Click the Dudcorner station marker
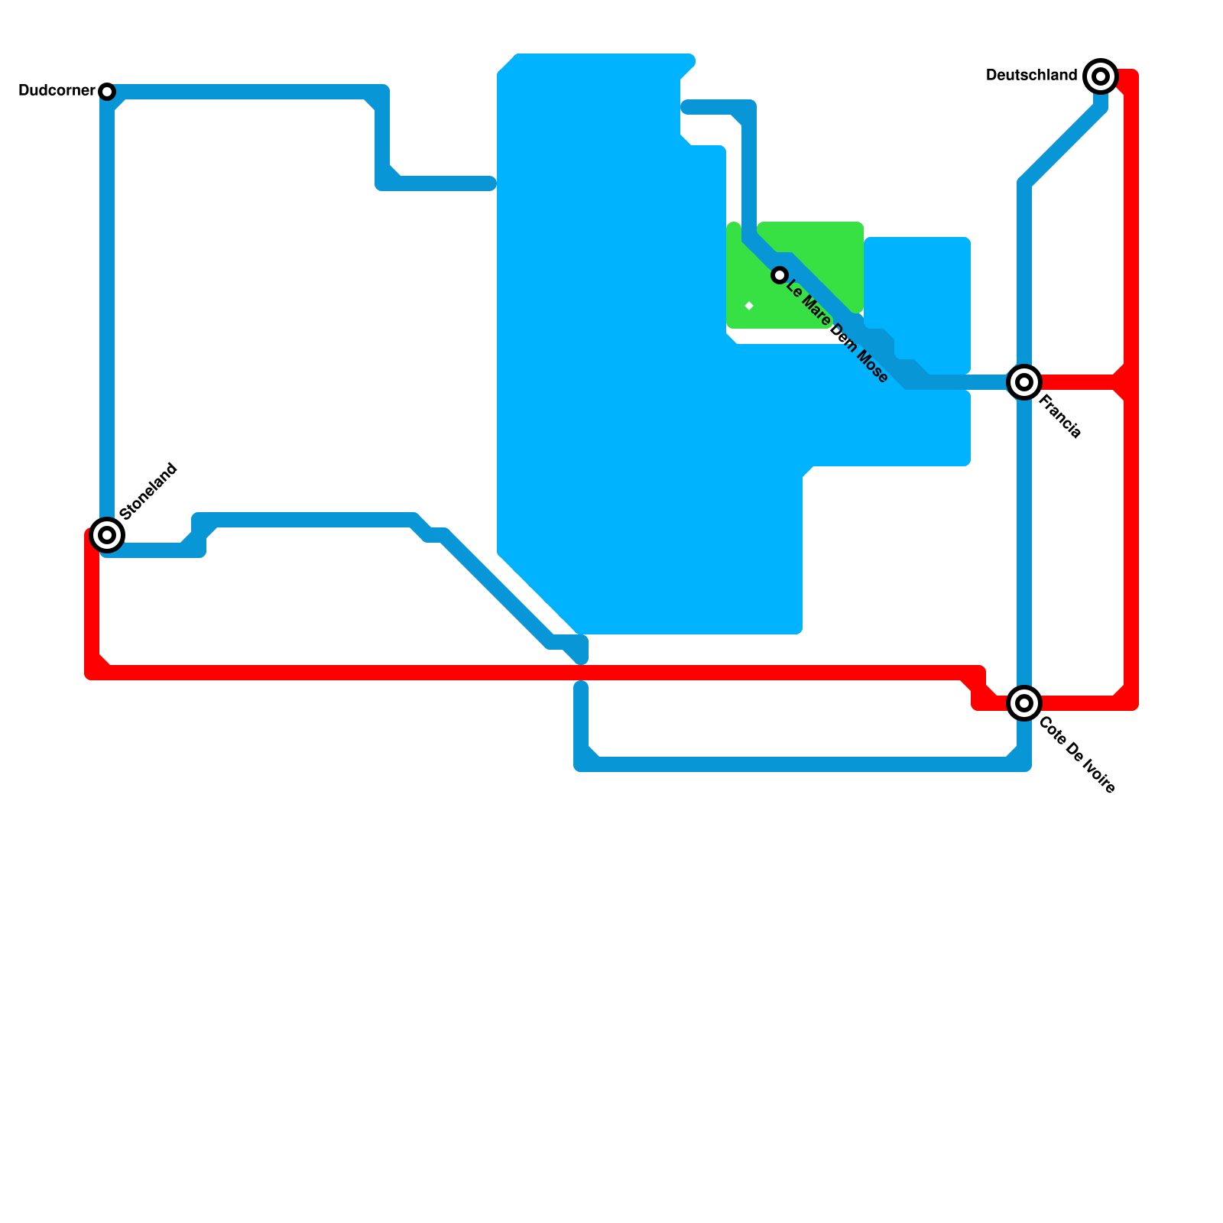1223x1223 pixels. pos(107,92)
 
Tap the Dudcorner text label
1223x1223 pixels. pos(56,91)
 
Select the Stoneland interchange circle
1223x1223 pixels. pos(107,534)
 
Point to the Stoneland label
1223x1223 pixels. pos(149,491)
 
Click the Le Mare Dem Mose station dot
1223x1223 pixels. pos(779,275)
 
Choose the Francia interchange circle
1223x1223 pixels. pos(1024,382)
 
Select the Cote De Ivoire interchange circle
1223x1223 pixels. pos(1024,702)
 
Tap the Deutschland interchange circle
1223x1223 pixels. pos(1101,76)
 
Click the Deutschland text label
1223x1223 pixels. pos(1031,75)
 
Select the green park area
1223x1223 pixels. pos(810,252)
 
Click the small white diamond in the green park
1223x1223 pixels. pos(749,307)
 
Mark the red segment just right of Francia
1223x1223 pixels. pos(1078,382)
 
